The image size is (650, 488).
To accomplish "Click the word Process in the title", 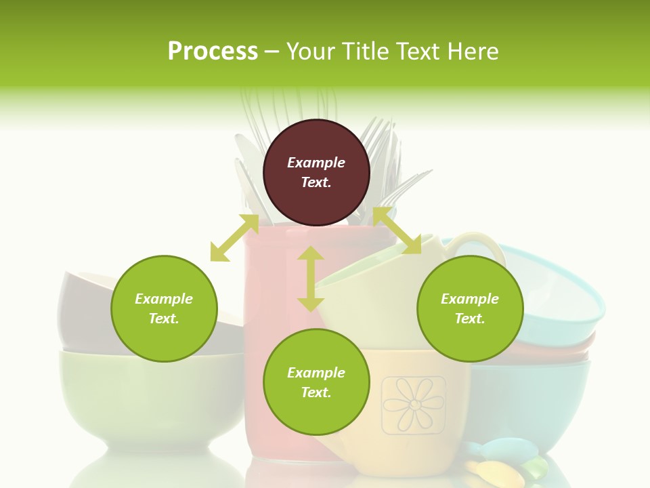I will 213,52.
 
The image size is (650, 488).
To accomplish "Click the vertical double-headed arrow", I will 311,279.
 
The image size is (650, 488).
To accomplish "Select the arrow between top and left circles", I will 234,238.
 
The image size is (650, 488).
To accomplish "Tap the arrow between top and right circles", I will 397,231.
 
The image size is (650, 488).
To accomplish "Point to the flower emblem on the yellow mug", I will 413,405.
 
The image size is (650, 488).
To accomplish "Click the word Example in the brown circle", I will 316,163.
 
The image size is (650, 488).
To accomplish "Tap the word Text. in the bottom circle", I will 316,392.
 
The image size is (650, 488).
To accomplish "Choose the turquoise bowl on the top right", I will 555,285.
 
